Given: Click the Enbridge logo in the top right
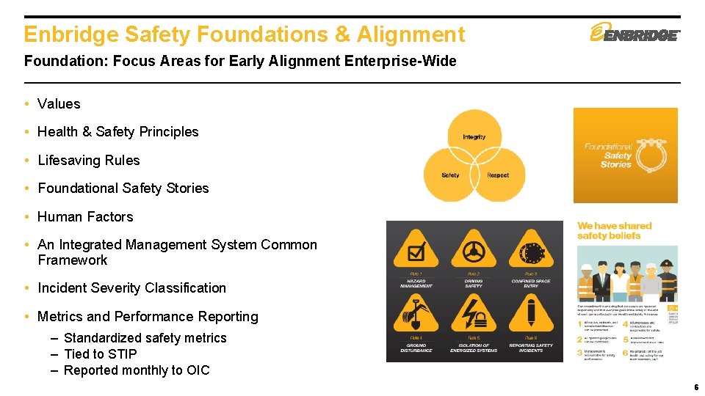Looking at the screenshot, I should [x=635, y=33].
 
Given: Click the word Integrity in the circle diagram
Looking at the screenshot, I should [x=474, y=137].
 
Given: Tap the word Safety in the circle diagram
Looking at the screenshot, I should [x=450, y=175].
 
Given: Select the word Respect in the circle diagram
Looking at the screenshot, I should [x=498, y=175].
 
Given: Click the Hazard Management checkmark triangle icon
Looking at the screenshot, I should [x=416, y=251].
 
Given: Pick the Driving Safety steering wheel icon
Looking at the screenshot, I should [x=474, y=251].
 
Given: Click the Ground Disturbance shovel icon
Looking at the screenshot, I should [x=416, y=315].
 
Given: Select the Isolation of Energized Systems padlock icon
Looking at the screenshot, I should [x=474, y=315].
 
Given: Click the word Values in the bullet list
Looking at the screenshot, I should [x=59, y=104].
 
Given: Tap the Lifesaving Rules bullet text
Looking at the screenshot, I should [x=88, y=161].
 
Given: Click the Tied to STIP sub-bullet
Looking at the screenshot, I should [x=100, y=354].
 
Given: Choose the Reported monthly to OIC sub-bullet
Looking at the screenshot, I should [x=137, y=370].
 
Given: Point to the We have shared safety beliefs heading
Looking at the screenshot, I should [x=614, y=231].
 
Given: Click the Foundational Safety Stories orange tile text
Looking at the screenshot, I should [x=608, y=155].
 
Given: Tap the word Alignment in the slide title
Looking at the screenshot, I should [x=411, y=34].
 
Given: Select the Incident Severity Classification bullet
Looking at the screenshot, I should [x=131, y=288].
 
